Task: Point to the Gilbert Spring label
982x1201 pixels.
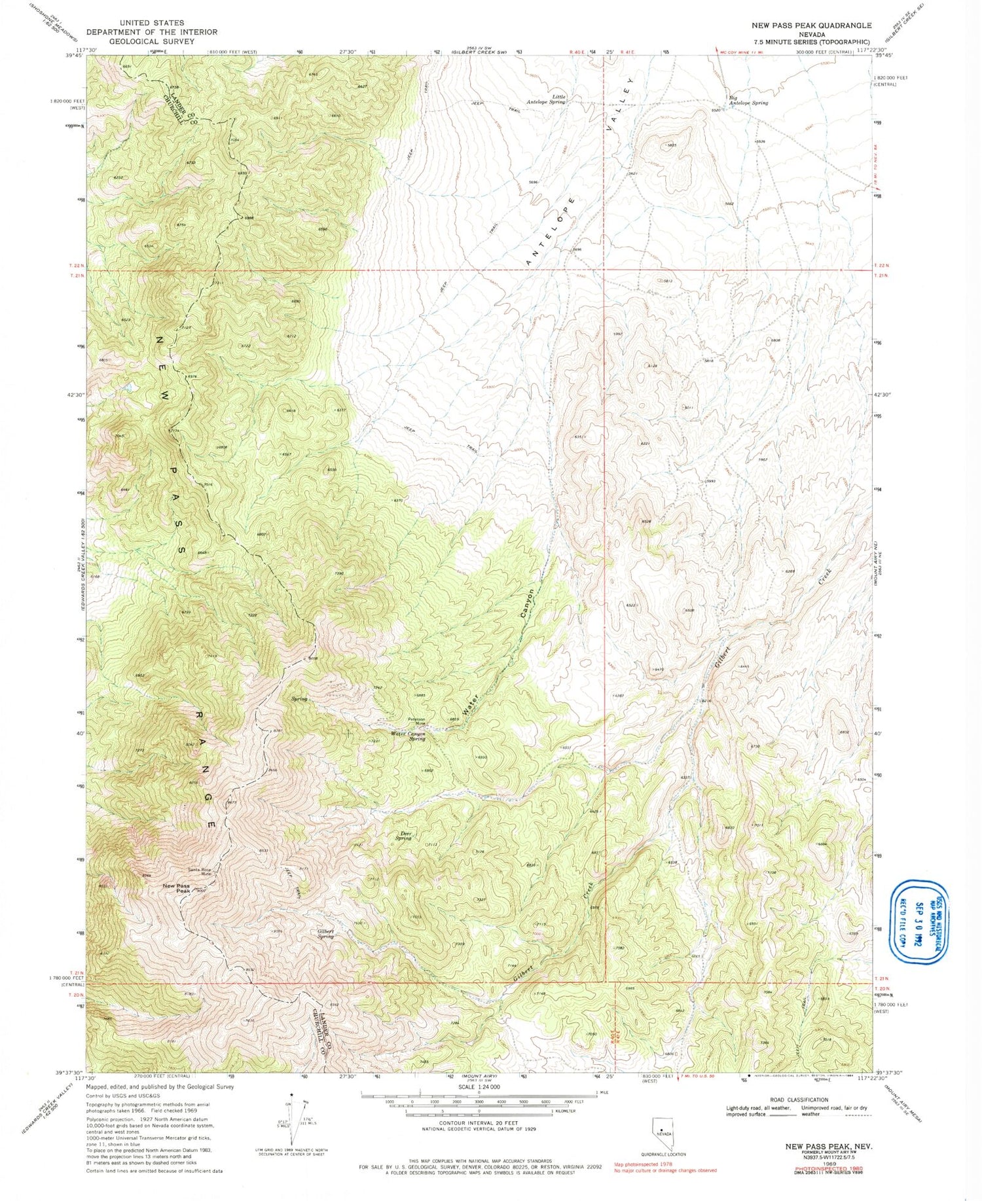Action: (326, 933)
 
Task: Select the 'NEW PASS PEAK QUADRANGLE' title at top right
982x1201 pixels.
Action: (812, 26)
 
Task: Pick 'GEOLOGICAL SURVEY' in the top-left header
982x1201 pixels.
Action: (147, 41)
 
